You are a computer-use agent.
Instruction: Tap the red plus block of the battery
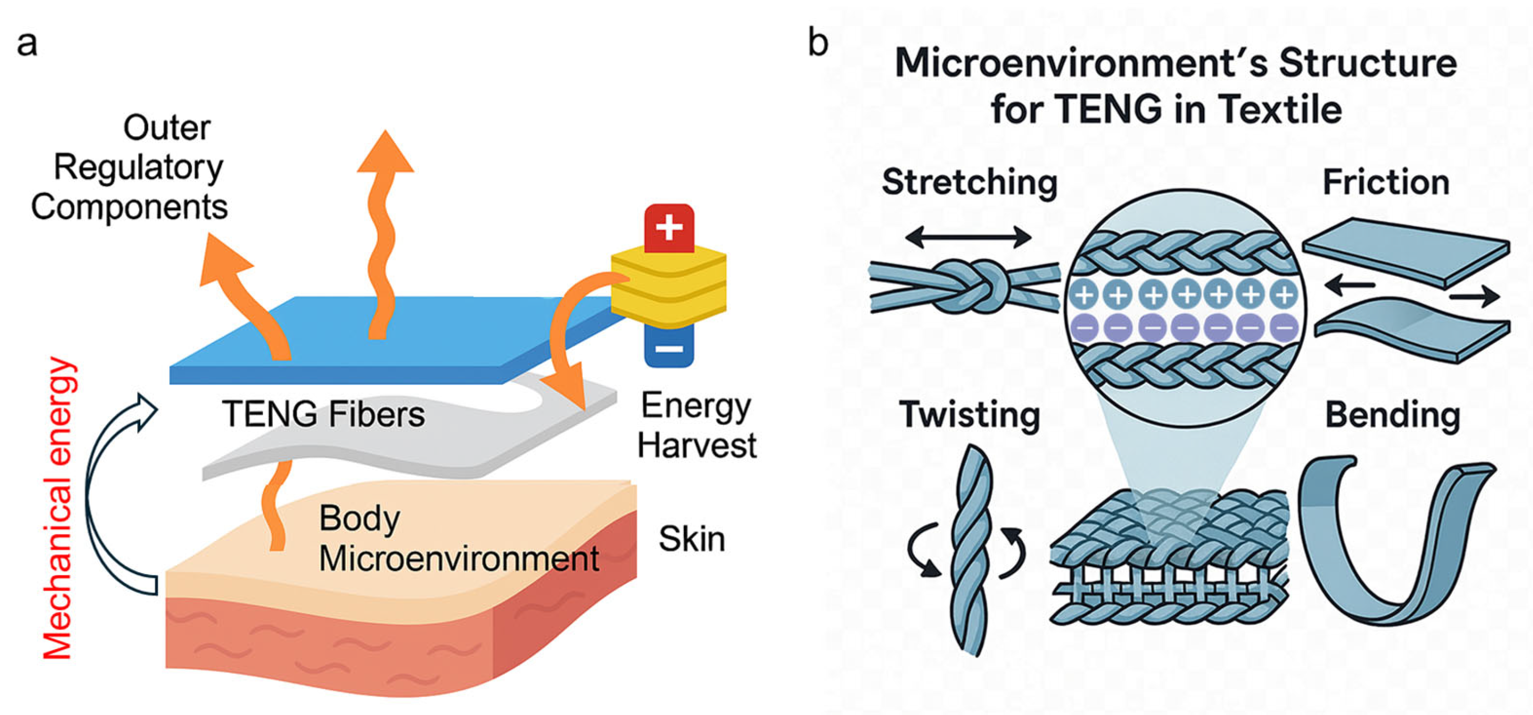(669, 227)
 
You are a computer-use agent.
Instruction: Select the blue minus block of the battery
(669, 347)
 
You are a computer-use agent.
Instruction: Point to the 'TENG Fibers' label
(323, 414)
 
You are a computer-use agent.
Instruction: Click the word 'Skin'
(692, 539)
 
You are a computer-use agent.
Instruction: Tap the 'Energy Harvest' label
(696, 426)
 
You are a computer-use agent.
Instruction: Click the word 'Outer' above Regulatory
(167, 128)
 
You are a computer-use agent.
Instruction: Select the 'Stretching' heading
(969, 182)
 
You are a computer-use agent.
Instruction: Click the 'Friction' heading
(1386, 182)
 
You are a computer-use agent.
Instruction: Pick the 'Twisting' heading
(969, 414)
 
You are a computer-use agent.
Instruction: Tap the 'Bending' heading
(1393, 415)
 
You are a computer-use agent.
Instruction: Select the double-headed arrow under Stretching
(968, 237)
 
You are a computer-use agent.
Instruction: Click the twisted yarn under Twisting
(971, 551)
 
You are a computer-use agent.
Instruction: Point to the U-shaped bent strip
(1393, 545)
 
